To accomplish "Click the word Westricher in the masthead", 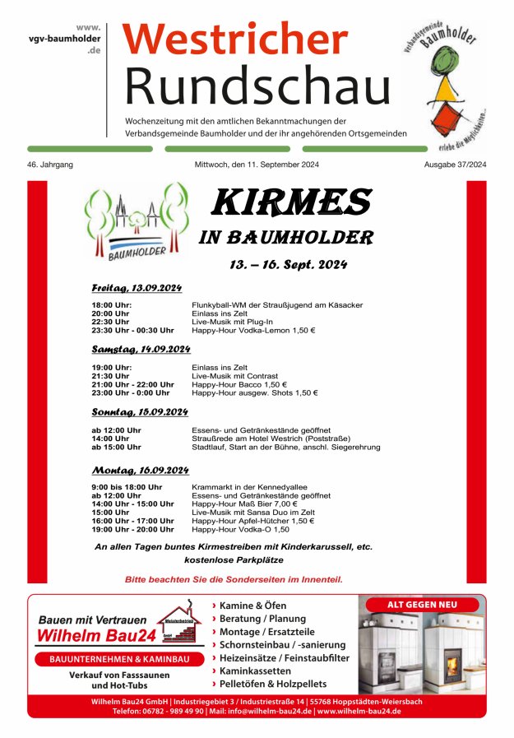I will point(236,39).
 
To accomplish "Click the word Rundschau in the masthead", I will point(257,84).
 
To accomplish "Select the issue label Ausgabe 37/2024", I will point(455,165).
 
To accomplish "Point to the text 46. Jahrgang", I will point(50,165).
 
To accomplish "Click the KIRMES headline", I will point(291,202).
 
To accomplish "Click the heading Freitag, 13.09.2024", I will point(137,288).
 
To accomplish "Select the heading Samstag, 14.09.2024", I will point(137,350).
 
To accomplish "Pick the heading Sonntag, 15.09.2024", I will point(140,411).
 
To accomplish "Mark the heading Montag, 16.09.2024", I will point(140,471).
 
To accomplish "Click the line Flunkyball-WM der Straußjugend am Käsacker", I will point(277,305).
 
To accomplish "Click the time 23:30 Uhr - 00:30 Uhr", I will point(132,330).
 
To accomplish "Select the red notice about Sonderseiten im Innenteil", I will point(234,579).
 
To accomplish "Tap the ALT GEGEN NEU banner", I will point(422,605).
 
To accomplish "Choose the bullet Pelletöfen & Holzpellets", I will point(272,684).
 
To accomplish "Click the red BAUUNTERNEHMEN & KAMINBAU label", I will point(114,660).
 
